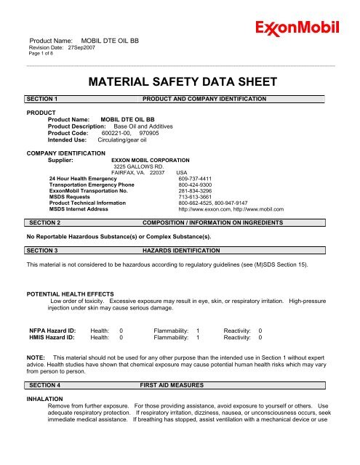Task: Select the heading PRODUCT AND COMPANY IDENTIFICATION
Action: (204, 98)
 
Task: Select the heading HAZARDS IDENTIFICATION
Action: (179, 250)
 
